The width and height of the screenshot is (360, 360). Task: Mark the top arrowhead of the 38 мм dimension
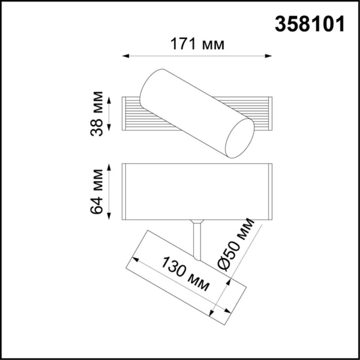pos(110,98)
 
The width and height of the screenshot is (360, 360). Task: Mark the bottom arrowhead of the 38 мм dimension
pos(110,129)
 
